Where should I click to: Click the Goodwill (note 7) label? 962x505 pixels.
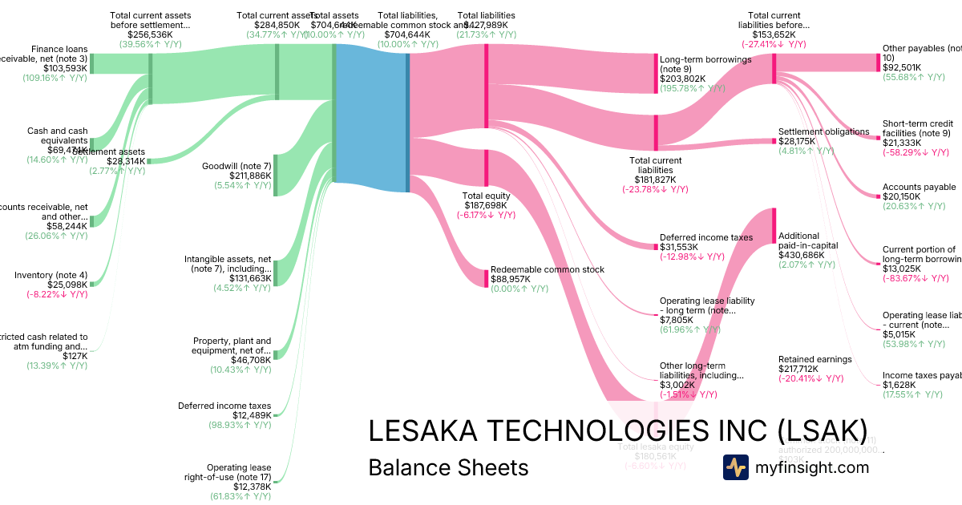pos(236,166)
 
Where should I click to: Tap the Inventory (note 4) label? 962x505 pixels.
pos(51,275)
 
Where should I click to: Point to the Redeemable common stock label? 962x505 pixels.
pos(547,269)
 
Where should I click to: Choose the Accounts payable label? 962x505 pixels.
pos(919,187)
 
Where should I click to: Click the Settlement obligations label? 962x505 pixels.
pos(823,131)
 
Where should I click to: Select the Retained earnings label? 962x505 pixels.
pos(814,359)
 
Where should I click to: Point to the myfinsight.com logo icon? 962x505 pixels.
pos(735,467)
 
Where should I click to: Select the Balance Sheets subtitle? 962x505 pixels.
pos(448,467)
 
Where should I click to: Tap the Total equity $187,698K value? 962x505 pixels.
pos(486,205)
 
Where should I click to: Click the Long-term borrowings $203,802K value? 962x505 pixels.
pos(685,79)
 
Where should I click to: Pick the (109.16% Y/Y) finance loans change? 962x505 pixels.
pos(55,78)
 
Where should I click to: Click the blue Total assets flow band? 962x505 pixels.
pos(370,117)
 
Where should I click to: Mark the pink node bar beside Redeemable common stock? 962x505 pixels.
pos(486,278)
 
